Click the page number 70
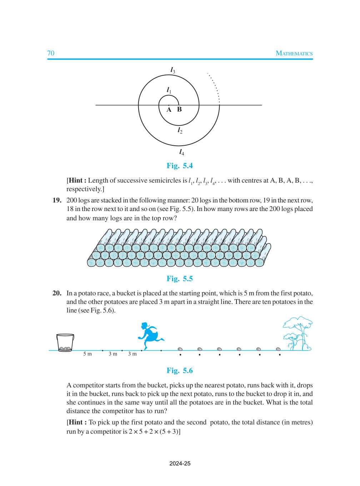51,53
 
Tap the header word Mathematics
294,53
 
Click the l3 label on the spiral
172,70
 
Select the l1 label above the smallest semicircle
169,90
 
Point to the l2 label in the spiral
180,131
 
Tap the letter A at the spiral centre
169,110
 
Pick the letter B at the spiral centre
179,109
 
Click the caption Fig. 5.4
180,166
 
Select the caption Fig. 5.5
180,279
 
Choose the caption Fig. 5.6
180,371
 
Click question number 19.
57,200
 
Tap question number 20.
57,293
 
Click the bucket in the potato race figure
65,343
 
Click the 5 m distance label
87,354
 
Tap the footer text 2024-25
180,464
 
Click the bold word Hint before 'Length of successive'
77,181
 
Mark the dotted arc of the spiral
215,86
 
